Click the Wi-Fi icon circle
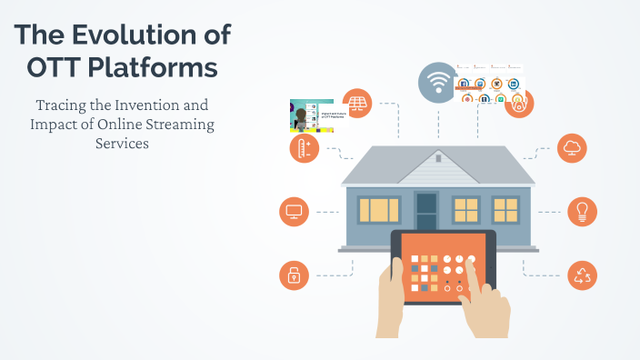point(437,83)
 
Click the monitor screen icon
point(294,212)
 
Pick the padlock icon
point(294,275)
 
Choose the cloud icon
point(574,147)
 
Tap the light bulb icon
point(582,211)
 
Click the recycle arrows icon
point(582,275)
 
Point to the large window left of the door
point(378,210)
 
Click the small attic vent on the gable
point(437,157)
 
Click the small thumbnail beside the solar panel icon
point(312,115)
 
